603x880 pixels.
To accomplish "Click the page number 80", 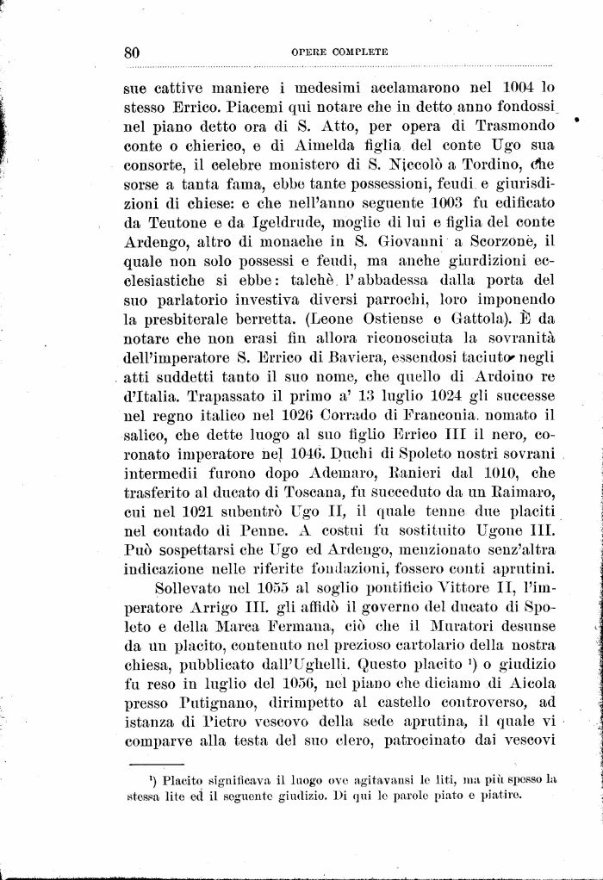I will coord(132,53).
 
